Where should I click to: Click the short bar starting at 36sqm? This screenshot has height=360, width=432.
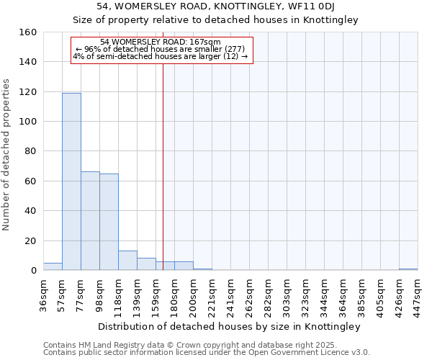click(53, 266)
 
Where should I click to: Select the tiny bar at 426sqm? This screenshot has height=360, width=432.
click(408, 269)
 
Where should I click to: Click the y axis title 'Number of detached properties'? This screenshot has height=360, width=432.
click(6, 151)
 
